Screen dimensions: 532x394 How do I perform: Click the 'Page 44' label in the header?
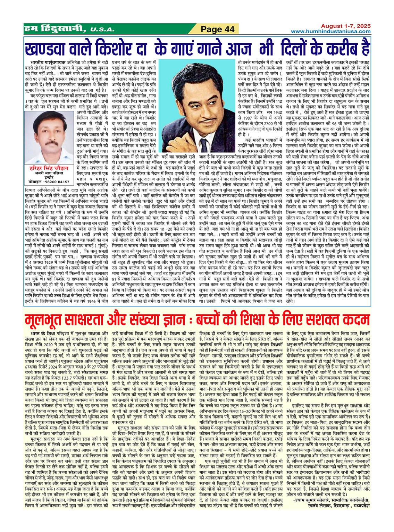pyautogui.click(x=218, y=29)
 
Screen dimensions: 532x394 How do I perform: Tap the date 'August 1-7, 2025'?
pyautogui.click(x=345, y=26)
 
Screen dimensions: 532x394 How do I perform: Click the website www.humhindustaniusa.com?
pyautogui.click(x=331, y=32)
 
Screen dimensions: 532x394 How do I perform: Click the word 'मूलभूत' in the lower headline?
pyautogui.click(x=49, y=320)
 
